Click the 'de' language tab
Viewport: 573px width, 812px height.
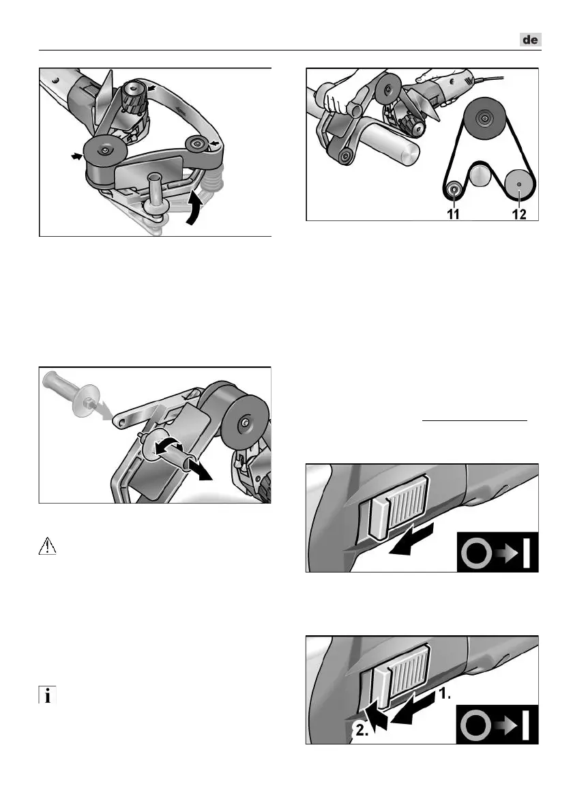(531, 40)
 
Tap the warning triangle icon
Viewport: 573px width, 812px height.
(47, 547)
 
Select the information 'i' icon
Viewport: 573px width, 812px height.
(47, 695)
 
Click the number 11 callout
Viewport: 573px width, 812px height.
(454, 214)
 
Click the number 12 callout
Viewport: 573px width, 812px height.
(519, 214)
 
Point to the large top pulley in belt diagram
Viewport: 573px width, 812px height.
(484, 119)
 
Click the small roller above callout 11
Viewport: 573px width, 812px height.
(454, 190)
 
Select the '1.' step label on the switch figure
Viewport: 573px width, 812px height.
(445, 695)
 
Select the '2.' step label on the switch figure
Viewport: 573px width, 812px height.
(362, 731)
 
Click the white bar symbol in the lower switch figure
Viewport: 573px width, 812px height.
(526, 725)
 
